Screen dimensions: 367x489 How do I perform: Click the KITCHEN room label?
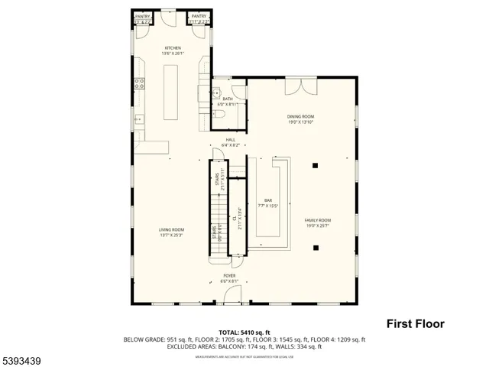tap(173, 48)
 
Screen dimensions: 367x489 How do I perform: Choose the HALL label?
tap(230, 140)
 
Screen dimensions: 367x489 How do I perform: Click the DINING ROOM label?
tap(300, 117)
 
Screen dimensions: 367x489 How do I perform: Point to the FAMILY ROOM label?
tap(319, 220)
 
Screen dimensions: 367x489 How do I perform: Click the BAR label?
tap(268, 200)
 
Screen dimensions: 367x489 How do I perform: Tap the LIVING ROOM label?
tap(171, 229)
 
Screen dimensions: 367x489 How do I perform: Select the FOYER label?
tap(229, 275)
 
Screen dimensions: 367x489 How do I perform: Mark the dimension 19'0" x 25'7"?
tap(319, 226)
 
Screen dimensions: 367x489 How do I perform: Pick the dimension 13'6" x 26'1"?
tap(173, 54)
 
